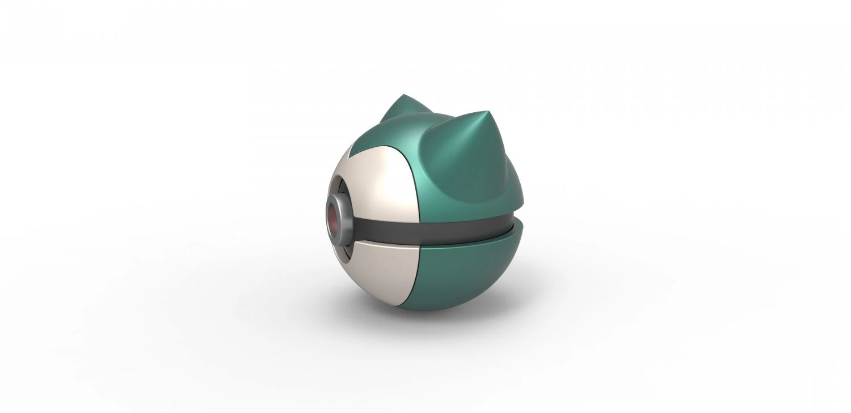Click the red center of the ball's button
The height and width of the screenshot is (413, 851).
(x=333, y=219)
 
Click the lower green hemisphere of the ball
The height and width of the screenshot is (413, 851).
(x=471, y=278)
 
